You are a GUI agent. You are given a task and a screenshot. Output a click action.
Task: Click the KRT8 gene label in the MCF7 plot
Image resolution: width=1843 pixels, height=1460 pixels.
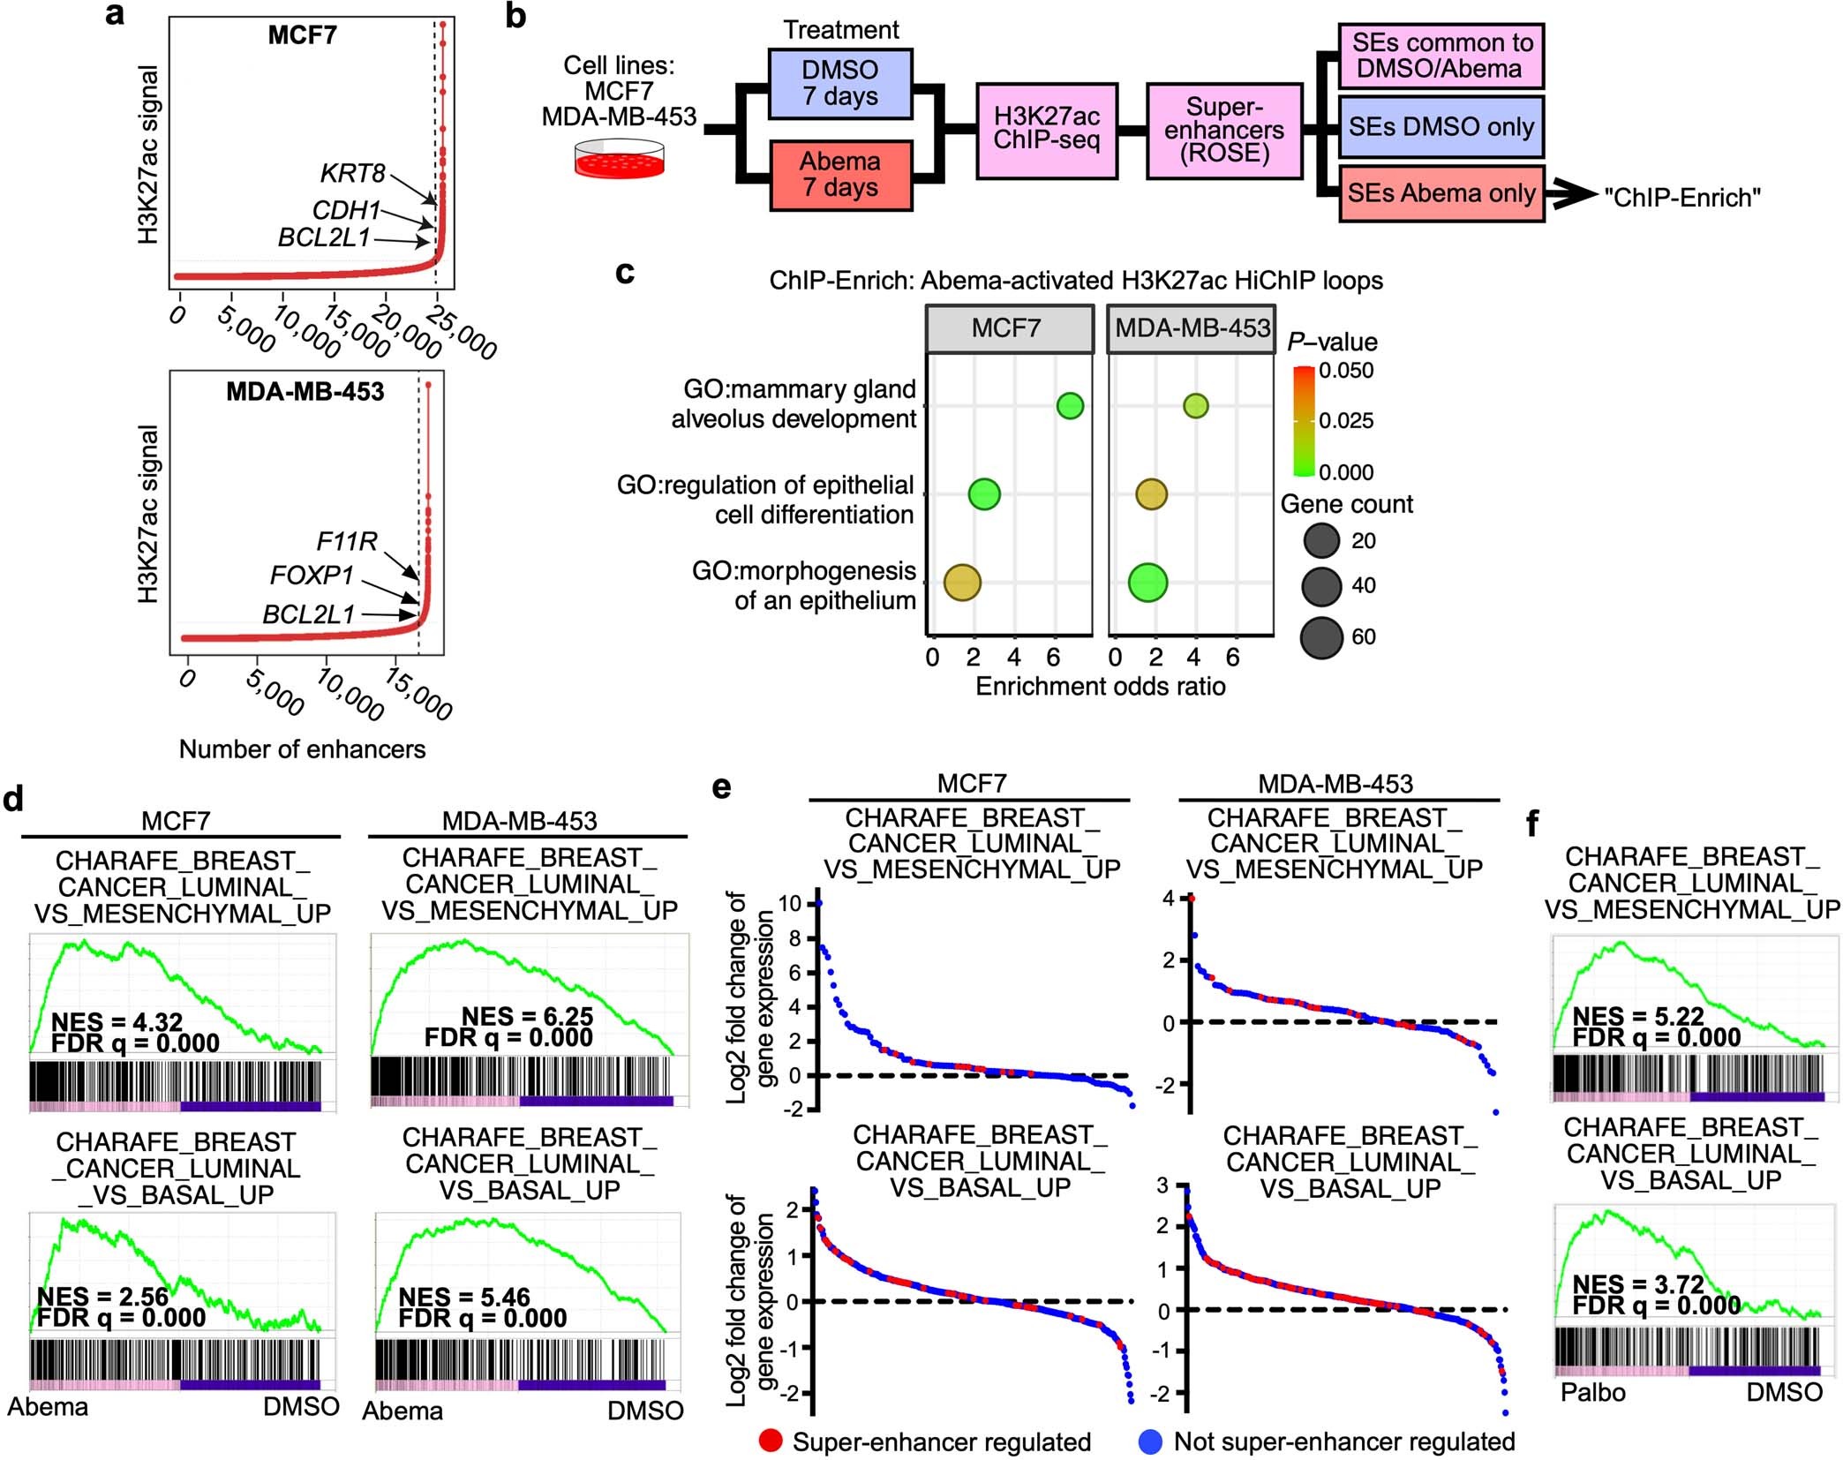point(352,173)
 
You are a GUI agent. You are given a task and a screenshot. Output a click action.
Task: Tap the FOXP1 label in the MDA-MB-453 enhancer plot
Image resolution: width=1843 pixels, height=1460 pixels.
point(312,576)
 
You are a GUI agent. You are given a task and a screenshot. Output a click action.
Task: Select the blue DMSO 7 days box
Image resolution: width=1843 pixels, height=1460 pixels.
point(839,84)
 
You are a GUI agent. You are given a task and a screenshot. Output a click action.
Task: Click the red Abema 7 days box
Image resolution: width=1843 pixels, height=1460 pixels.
point(839,175)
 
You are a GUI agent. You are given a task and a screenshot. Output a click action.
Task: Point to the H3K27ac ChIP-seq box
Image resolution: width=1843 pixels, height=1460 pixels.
point(1047,130)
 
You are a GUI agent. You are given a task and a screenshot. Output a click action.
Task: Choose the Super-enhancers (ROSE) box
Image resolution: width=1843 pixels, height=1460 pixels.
point(1224,131)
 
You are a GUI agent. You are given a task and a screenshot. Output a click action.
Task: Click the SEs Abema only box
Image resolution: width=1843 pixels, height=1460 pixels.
point(1441,193)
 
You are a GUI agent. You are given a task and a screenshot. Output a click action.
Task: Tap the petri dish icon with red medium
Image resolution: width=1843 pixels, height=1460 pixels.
point(619,159)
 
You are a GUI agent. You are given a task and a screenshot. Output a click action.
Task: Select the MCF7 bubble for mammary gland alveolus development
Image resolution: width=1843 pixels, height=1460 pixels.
point(1070,405)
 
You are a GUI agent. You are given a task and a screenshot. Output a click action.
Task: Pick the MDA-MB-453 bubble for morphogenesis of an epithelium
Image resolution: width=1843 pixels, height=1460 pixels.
point(1147,583)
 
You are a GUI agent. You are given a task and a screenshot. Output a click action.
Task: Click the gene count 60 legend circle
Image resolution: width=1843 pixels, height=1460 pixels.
point(1321,637)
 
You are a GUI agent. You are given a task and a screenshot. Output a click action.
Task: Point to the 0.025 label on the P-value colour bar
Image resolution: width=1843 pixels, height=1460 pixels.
point(1346,420)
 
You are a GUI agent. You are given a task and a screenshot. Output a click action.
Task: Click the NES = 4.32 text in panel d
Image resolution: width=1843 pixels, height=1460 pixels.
point(117,1021)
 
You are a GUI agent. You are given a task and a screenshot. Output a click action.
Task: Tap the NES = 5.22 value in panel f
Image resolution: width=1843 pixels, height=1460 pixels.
point(1638,1017)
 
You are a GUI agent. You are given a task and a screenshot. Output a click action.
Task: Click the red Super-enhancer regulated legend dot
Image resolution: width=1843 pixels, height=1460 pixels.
point(771,1441)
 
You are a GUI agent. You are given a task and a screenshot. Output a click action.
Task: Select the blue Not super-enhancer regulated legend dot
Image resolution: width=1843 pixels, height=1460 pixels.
point(1149,1441)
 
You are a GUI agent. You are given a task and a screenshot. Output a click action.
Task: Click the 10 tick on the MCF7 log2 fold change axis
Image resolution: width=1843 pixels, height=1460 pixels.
point(790,904)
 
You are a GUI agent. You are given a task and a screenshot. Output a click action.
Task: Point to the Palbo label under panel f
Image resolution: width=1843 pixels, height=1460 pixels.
point(1592,1392)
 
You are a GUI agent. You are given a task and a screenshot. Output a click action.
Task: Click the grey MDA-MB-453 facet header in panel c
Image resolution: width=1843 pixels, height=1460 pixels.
point(1192,328)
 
